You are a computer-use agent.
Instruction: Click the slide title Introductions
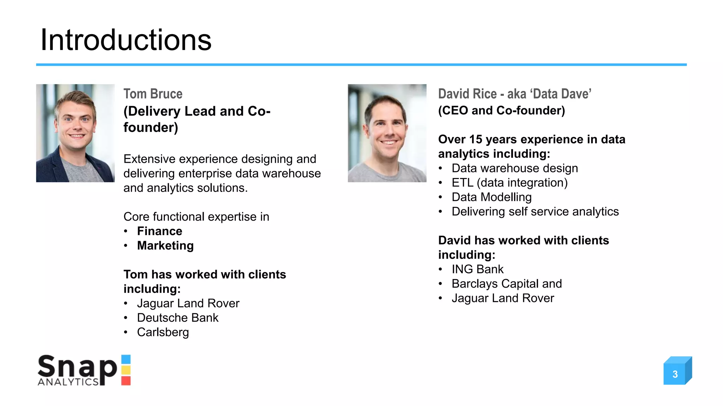click(126, 40)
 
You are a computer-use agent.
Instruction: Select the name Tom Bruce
click(153, 94)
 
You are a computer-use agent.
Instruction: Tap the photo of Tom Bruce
click(75, 133)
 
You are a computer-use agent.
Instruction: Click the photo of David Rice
click(387, 133)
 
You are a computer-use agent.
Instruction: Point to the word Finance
click(160, 231)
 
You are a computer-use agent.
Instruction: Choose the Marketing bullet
click(165, 246)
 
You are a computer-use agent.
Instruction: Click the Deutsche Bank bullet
click(178, 318)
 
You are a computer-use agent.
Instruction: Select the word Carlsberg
click(163, 332)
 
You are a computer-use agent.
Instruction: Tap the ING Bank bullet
click(477, 269)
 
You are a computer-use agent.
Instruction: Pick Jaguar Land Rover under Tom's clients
click(188, 303)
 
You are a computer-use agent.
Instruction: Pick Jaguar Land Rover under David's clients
click(503, 298)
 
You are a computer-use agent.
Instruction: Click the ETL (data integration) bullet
click(509, 183)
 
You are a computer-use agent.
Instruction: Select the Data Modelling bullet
click(491, 197)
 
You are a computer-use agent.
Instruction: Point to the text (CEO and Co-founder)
click(501, 111)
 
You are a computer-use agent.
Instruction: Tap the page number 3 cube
click(675, 374)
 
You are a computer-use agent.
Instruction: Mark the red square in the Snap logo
click(126, 381)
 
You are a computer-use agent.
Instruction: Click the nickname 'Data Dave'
click(562, 94)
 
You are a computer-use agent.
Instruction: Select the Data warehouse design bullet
click(515, 168)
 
